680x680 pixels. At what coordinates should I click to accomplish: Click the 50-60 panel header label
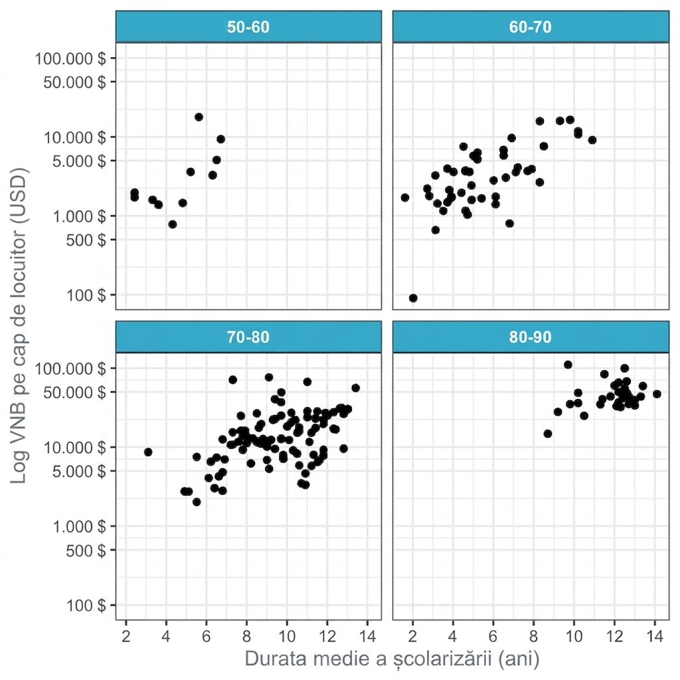pyautogui.click(x=248, y=27)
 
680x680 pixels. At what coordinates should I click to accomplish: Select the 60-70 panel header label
pyautogui.click(x=530, y=27)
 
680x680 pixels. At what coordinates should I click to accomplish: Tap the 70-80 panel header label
pyautogui.click(x=248, y=337)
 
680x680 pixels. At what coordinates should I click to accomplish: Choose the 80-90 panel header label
pyautogui.click(x=530, y=337)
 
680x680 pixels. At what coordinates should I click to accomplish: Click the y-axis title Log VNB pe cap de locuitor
pyautogui.click(x=18, y=325)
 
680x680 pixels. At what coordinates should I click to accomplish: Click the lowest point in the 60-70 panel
pyautogui.click(x=413, y=298)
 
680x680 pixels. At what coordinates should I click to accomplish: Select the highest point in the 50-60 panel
pyautogui.click(x=199, y=117)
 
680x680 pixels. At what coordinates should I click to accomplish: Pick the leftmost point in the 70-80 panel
pyautogui.click(x=148, y=452)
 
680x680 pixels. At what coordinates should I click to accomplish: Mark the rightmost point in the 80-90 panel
pyautogui.click(x=657, y=394)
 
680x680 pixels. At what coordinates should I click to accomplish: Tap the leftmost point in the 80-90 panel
pyautogui.click(x=547, y=433)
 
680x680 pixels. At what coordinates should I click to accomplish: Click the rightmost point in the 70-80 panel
pyautogui.click(x=355, y=388)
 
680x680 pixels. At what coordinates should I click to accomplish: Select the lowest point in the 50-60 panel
pyautogui.click(x=172, y=224)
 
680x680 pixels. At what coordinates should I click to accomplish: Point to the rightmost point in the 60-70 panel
pyautogui.click(x=592, y=139)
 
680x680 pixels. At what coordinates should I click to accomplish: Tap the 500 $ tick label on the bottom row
pyautogui.click(x=86, y=551)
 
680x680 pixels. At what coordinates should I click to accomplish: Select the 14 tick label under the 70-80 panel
pyautogui.click(x=367, y=636)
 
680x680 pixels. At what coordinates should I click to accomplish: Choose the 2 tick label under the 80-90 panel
pyautogui.click(x=412, y=636)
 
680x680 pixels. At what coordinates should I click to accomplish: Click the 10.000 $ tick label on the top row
pyautogui.click(x=74, y=137)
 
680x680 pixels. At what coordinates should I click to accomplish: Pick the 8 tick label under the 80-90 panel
pyautogui.click(x=533, y=636)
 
